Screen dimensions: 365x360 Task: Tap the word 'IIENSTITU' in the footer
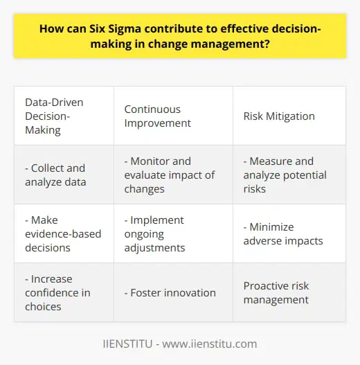129,344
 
